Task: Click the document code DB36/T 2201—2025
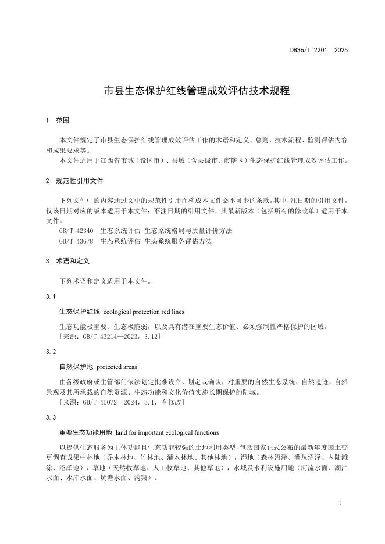click(319, 51)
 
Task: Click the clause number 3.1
click(51, 296)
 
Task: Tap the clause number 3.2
click(51, 352)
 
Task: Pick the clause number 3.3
click(51, 418)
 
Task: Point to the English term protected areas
click(117, 367)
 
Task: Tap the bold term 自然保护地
click(76, 367)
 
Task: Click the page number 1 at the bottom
click(339, 503)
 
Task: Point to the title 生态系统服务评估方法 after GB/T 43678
click(178, 241)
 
